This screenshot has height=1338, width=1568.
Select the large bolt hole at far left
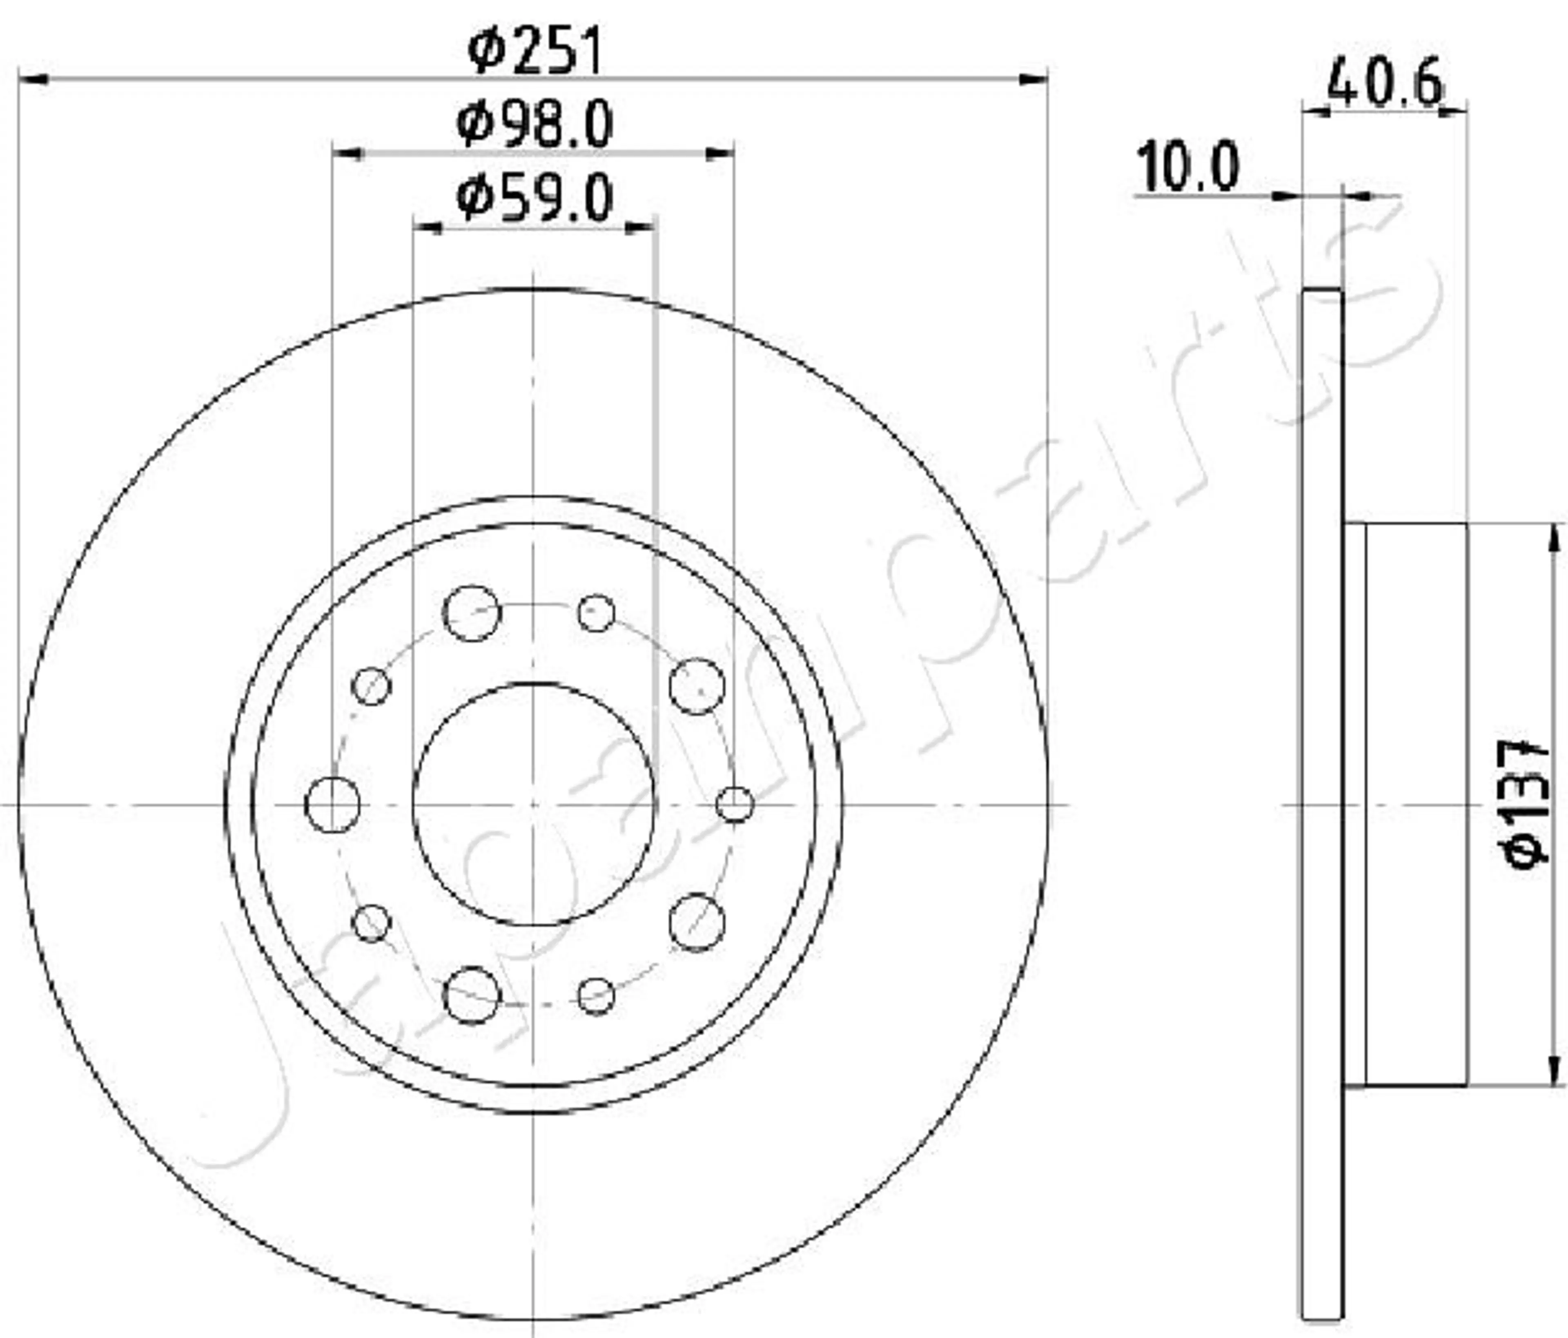coord(332,805)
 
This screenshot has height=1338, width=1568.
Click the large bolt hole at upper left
coord(472,613)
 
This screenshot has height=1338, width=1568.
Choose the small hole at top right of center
coord(596,613)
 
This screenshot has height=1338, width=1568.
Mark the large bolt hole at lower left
coord(472,995)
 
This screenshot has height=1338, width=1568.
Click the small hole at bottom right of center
coord(596,996)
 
